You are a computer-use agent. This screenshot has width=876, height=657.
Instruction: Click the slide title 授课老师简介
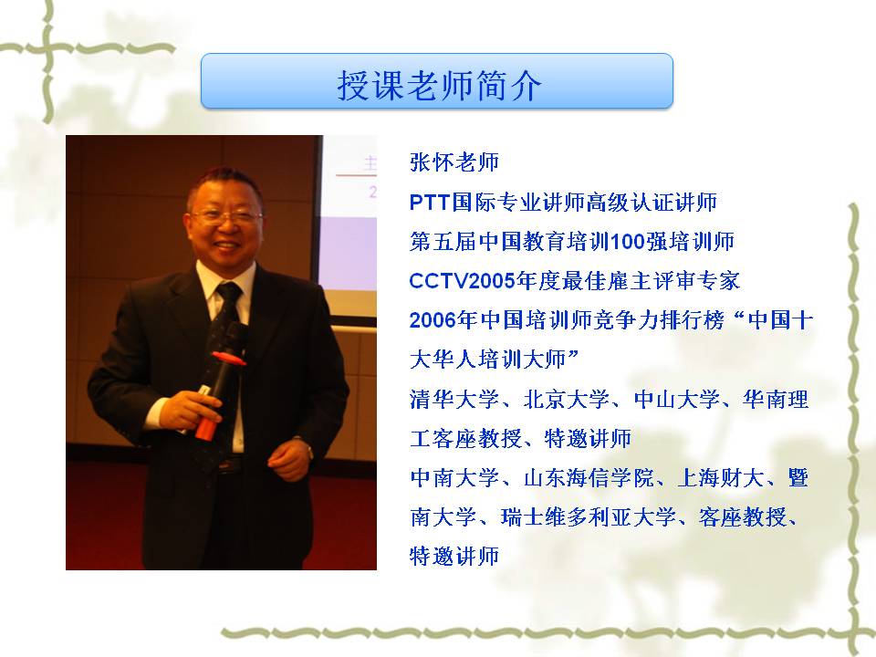(x=439, y=86)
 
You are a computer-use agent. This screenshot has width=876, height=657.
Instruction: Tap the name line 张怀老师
(x=454, y=162)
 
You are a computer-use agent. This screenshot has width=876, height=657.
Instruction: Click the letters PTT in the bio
(x=430, y=203)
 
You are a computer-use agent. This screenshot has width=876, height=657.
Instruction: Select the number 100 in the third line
(x=628, y=242)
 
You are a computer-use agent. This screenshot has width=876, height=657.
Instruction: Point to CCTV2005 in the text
(x=462, y=281)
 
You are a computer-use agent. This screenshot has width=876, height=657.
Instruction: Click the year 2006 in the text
(x=433, y=320)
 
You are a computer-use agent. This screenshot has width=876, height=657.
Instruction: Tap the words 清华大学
(x=454, y=399)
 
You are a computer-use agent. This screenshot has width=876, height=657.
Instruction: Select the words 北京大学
(x=566, y=399)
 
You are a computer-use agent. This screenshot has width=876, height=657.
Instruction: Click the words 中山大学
(x=676, y=399)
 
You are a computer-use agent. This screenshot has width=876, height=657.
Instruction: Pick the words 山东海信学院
(x=589, y=477)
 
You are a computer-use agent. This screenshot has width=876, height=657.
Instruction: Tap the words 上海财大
(x=720, y=477)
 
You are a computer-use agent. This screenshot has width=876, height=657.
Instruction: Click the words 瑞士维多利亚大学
(x=589, y=516)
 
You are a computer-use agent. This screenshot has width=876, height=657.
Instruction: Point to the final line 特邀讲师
(x=454, y=557)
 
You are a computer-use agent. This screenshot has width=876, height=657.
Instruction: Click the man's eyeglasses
(x=226, y=217)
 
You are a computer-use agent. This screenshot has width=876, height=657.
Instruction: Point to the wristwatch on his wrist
(x=307, y=447)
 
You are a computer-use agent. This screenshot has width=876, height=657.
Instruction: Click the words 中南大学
(x=454, y=477)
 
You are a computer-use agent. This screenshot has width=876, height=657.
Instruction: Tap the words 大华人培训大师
(x=487, y=360)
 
